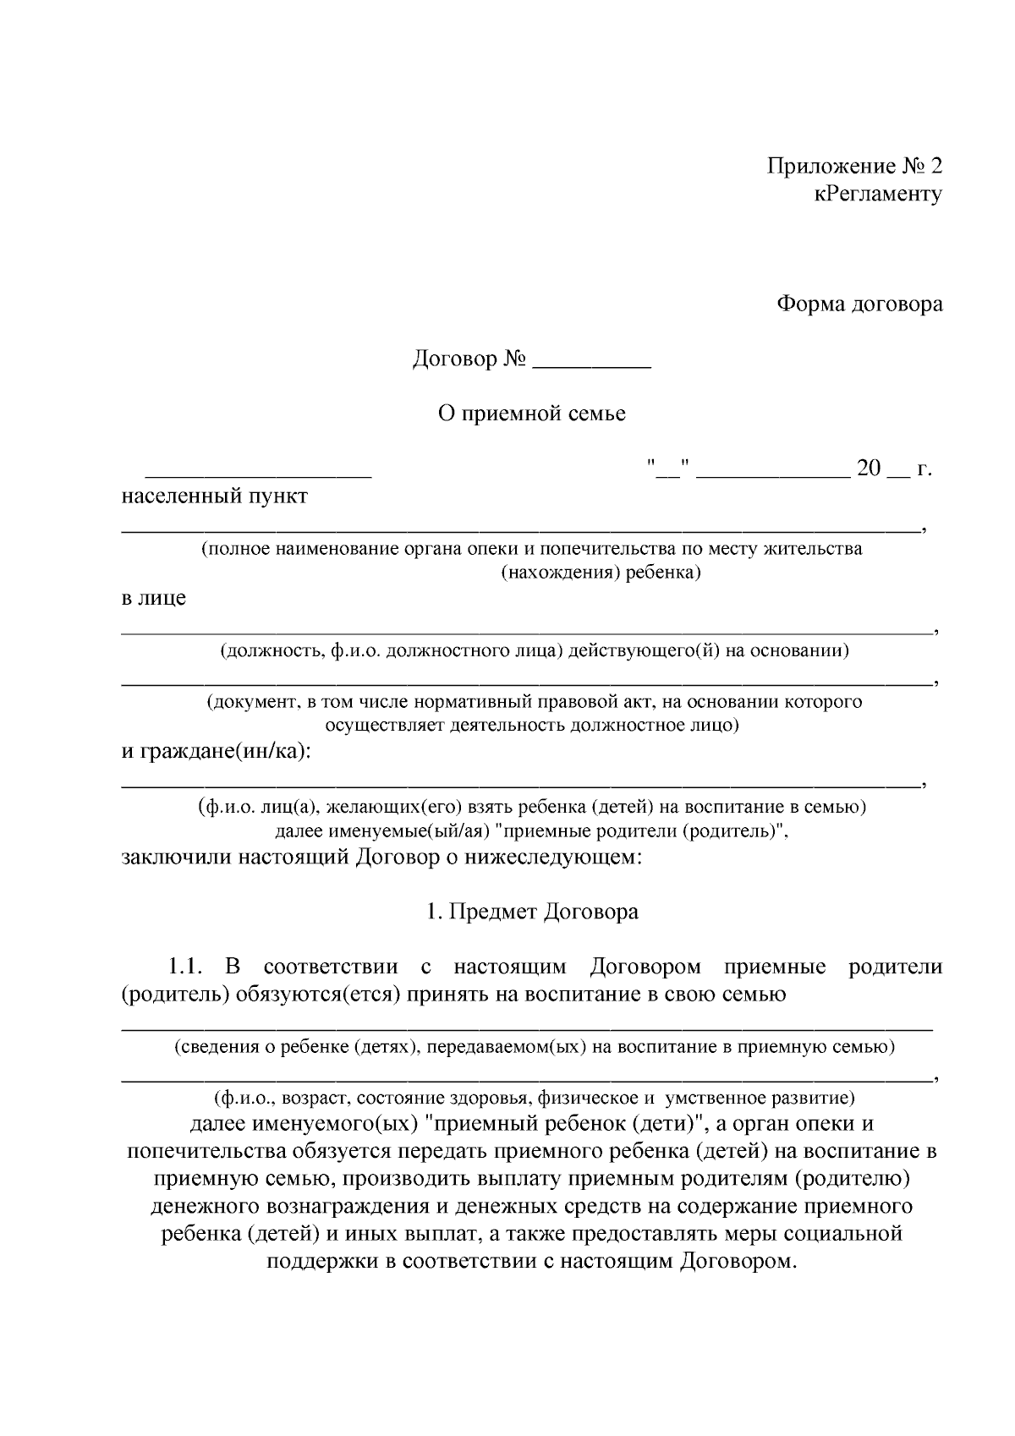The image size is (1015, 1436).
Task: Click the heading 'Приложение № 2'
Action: click(x=854, y=166)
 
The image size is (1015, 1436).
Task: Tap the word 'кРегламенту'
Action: click(x=878, y=195)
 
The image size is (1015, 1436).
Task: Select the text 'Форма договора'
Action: click(x=859, y=304)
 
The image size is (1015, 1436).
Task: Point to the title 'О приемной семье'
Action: click(x=531, y=414)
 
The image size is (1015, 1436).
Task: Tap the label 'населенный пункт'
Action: click(x=214, y=496)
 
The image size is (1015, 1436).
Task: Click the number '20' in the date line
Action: click(x=869, y=468)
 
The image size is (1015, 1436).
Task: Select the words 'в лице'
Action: click(x=153, y=598)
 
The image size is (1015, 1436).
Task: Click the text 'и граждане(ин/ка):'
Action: click(x=216, y=751)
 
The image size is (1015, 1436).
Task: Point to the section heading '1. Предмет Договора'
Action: click(x=532, y=912)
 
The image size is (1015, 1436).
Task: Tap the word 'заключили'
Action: click(x=175, y=858)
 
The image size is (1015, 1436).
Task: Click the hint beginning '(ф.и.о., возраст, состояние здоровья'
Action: click(x=535, y=1099)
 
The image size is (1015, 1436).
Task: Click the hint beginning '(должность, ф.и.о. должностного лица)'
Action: click(x=535, y=650)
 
